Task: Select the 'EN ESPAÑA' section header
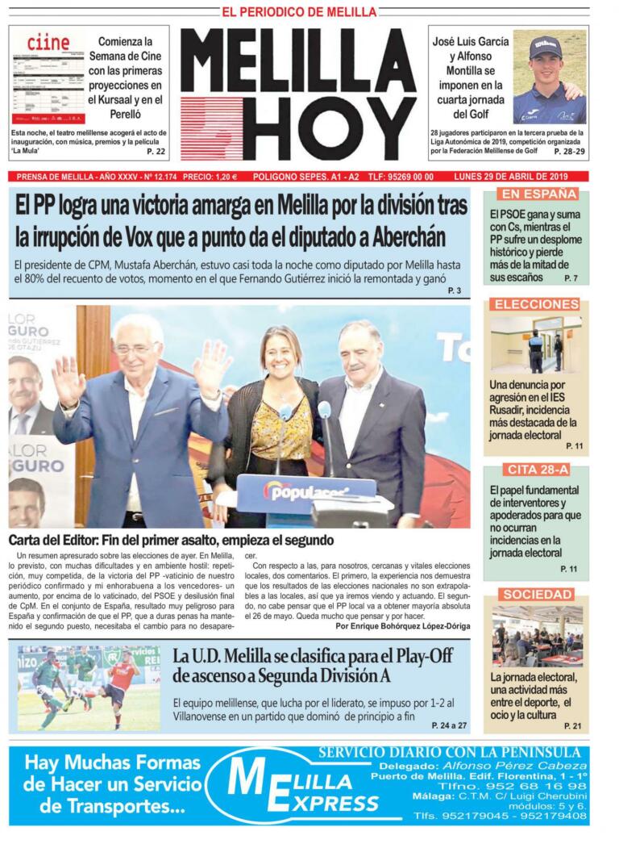point(538,194)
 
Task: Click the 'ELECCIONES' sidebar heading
point(537,304)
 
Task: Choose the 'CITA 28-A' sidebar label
point(537,470)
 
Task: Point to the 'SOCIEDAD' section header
point(537,595)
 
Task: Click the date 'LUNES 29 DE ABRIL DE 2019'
point(521,177)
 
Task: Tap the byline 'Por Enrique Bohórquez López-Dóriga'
point(402,625)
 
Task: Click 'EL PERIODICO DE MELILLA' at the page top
point(299,12)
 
